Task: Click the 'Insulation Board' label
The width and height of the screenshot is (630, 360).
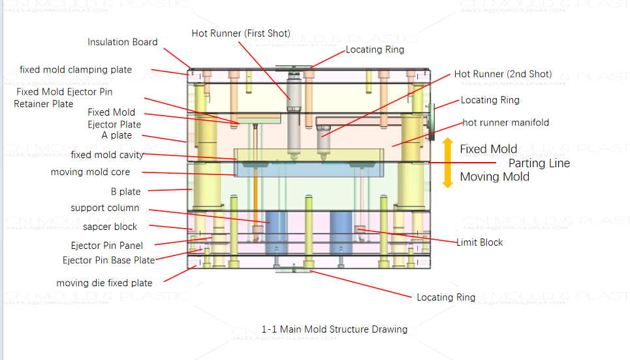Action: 123,42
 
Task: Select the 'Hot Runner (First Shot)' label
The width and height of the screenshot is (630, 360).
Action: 241,33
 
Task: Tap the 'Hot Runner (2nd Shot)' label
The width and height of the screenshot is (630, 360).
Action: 503,74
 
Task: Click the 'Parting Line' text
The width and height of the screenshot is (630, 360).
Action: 539,163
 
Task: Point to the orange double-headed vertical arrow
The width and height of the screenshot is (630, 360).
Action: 447,163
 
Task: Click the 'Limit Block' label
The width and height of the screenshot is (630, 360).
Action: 479,242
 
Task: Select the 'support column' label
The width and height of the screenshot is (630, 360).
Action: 105,208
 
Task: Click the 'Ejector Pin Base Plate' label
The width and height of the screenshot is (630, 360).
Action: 108,260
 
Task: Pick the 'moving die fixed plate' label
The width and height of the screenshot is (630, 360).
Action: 104,283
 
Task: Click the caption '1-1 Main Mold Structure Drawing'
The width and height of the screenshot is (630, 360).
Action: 334,329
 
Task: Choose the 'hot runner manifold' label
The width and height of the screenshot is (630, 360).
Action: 506,122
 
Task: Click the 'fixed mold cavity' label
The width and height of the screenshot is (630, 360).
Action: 107,155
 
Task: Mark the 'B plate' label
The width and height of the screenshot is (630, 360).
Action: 125,191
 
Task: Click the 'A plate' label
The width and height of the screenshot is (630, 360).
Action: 117,135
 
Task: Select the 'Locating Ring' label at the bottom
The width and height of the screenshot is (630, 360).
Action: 446,297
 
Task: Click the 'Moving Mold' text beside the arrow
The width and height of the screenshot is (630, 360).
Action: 494,176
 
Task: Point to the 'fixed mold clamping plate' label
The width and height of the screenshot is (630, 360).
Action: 76,69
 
